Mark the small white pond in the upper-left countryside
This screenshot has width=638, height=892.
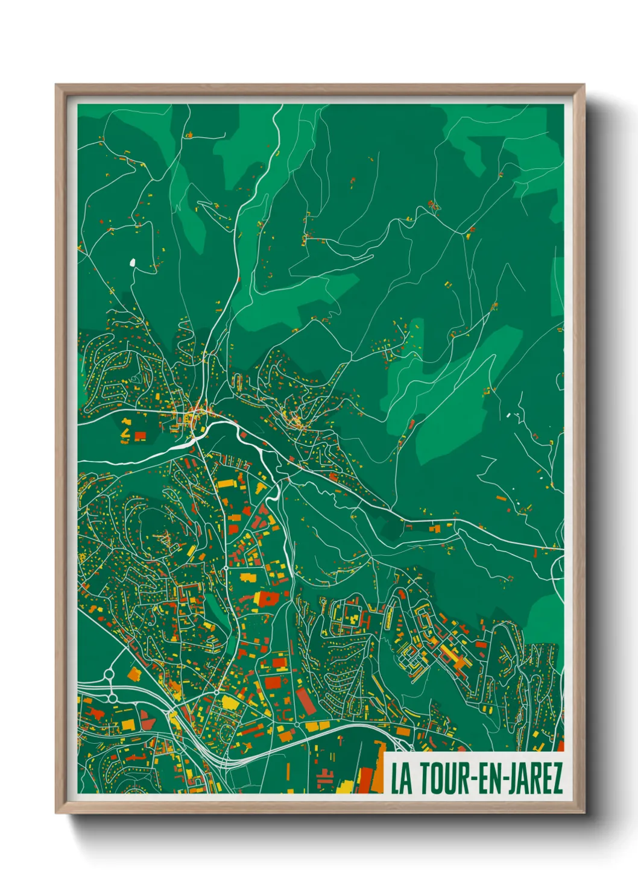133,262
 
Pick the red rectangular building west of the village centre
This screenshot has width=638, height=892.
140,435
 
